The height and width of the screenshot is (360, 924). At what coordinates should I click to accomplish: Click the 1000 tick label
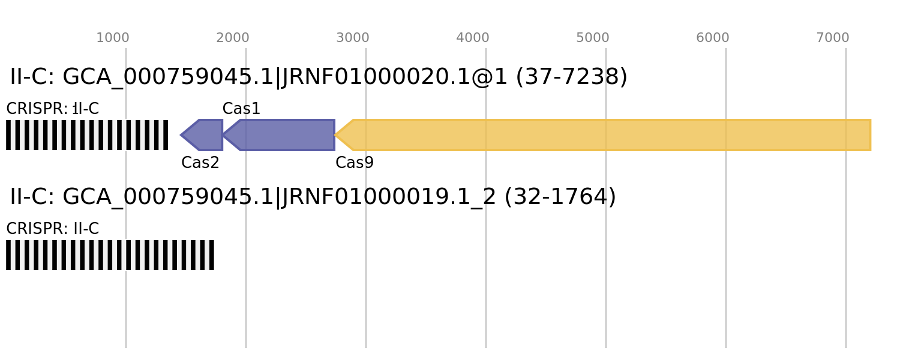(x=113, y=38)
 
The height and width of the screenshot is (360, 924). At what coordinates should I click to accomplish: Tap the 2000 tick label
(x=233, y=38)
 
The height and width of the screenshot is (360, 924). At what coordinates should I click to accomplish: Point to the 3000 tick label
(x=353, y=38)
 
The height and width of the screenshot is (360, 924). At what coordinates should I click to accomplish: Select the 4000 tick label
(x=473, y=38)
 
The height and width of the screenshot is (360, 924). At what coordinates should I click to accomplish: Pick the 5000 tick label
(x=593, y=38)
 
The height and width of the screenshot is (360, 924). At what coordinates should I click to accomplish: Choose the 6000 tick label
(x=713, y=38)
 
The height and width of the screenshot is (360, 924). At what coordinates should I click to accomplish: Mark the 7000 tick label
(x=833, y=38)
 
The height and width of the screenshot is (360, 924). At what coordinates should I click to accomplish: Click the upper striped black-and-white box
(x=87, y=135)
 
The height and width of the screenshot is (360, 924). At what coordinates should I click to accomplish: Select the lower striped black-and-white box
(x=110, y=255)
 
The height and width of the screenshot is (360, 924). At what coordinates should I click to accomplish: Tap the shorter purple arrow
(x=204, y=135)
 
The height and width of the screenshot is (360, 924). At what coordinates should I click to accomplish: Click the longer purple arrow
(x=282, y=135)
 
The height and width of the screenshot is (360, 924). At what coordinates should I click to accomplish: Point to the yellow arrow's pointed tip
(x=335, y=135)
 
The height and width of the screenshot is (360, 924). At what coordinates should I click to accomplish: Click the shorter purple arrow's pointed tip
(x=181, y=135)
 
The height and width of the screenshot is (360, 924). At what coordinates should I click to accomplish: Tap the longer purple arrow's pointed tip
(x=224, y=135)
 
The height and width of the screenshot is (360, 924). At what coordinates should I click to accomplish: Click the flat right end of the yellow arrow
(x=870, y=135)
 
